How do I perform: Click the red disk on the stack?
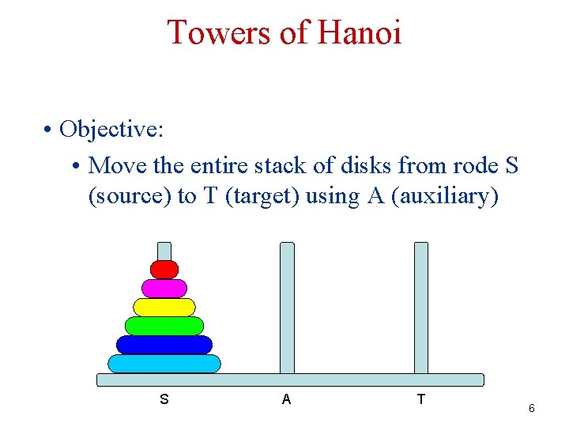click(x=164, y=270)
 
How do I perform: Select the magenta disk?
click(x=164, y=289)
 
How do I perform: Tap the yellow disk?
click(x=164, y=308)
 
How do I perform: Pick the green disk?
click(x=164, y=326)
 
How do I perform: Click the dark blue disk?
click(x=164, y=345)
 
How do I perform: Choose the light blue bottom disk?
click(x=164, y=364)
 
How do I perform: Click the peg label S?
click(x=164, y=399)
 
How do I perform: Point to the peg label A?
click(x=286, y=399)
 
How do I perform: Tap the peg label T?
click(x=420, y=399)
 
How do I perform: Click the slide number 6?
click(x=532, y=409)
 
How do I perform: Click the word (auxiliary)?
click(x=445, y=196)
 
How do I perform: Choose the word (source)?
click(x=130, y=196)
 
